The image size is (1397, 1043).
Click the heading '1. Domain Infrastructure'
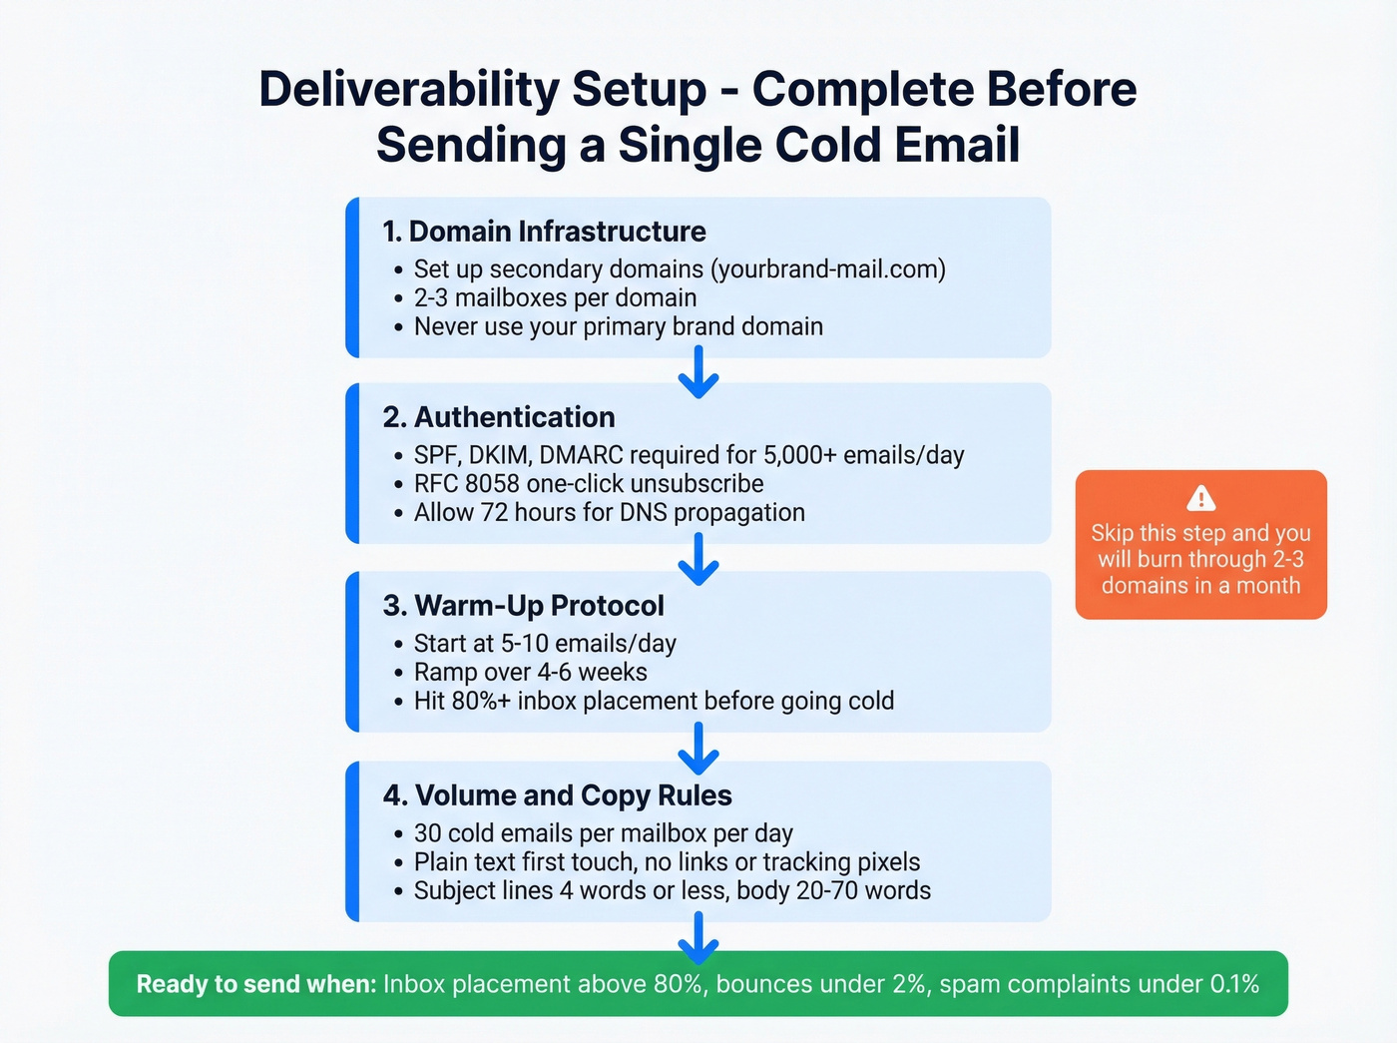544,232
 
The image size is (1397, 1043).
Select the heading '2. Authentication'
499,417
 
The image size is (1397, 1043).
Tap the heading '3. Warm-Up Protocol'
523,606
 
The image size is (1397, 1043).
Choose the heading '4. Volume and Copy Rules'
557,795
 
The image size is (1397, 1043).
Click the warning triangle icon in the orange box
1200,497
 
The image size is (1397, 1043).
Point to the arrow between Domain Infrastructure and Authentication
698,372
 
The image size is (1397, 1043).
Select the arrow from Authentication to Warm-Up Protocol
698,559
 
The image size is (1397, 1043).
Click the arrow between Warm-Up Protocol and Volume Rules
698,749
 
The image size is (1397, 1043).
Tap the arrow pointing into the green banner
698,938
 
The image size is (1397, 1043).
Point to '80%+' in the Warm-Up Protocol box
480,702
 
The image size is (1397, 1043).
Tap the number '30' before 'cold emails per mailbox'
428,833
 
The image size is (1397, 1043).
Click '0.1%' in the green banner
1233,984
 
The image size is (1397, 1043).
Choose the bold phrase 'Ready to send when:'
255,984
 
